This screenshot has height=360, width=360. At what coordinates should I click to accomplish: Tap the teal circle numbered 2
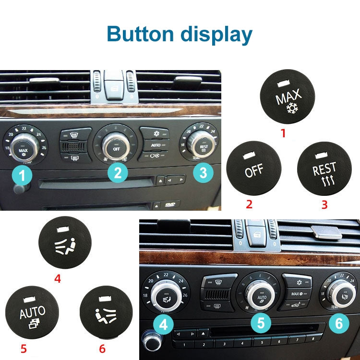pyautogui.click(x=118, y=171)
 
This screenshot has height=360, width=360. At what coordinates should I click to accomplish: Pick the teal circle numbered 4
pyautogui.click(x=164, y=325)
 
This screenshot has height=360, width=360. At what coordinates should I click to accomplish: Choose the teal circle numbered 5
pyautogui.click(x=261, y=323)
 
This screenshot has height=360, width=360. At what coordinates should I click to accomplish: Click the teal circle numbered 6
pyautogui.click(x=339, y=324)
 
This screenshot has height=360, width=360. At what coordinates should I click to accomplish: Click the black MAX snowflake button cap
pyautogui.click(x=287, y=96)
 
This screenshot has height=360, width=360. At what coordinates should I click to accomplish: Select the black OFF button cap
pyautogui.click(x=253, y=168)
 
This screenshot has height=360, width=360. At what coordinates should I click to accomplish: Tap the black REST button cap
pyautogui.click(x=324, y=169)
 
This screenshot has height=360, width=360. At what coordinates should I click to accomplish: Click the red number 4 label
pyautogui.click(x=58, y=278)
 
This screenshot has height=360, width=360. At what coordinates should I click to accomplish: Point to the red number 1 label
pyautogui.click(x=283, y=133)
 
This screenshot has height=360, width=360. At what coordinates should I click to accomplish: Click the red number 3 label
pyautogui.click(x=324, y=205)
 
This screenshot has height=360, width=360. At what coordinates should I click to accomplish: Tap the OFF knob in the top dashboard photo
pyautogui.click(x=116, y=147)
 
